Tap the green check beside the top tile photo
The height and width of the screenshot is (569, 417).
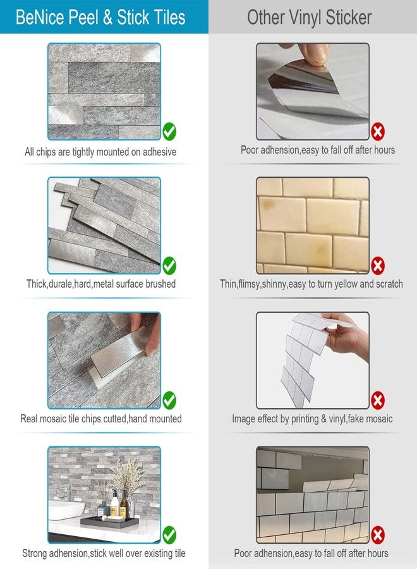click(169, 132)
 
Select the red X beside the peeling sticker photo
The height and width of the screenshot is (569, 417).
click(378, 132)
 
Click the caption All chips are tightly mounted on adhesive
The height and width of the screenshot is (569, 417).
click(100, 152)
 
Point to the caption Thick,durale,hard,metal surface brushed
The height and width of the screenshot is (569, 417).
click(100, 284)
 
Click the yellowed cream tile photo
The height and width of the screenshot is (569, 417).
click(312, 224)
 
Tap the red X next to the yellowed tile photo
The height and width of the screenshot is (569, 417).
click(378, 265)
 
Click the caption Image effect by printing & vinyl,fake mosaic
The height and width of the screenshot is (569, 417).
click(312, 419)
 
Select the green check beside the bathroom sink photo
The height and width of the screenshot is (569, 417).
click(169, 534)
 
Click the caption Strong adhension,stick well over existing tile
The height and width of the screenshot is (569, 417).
click(104, 554)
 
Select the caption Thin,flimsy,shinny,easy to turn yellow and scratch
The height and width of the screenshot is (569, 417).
click(311, 284)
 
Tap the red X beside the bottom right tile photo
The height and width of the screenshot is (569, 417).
click(378, 534)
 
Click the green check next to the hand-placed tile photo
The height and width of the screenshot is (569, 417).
click(169, 400)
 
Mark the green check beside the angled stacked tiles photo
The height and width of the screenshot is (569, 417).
click(169, 265)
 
